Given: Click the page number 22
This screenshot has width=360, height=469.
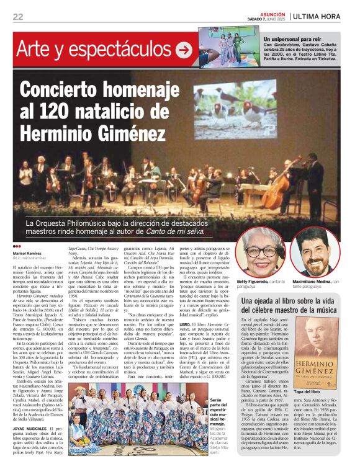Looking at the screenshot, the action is click(x=17, y=16).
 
